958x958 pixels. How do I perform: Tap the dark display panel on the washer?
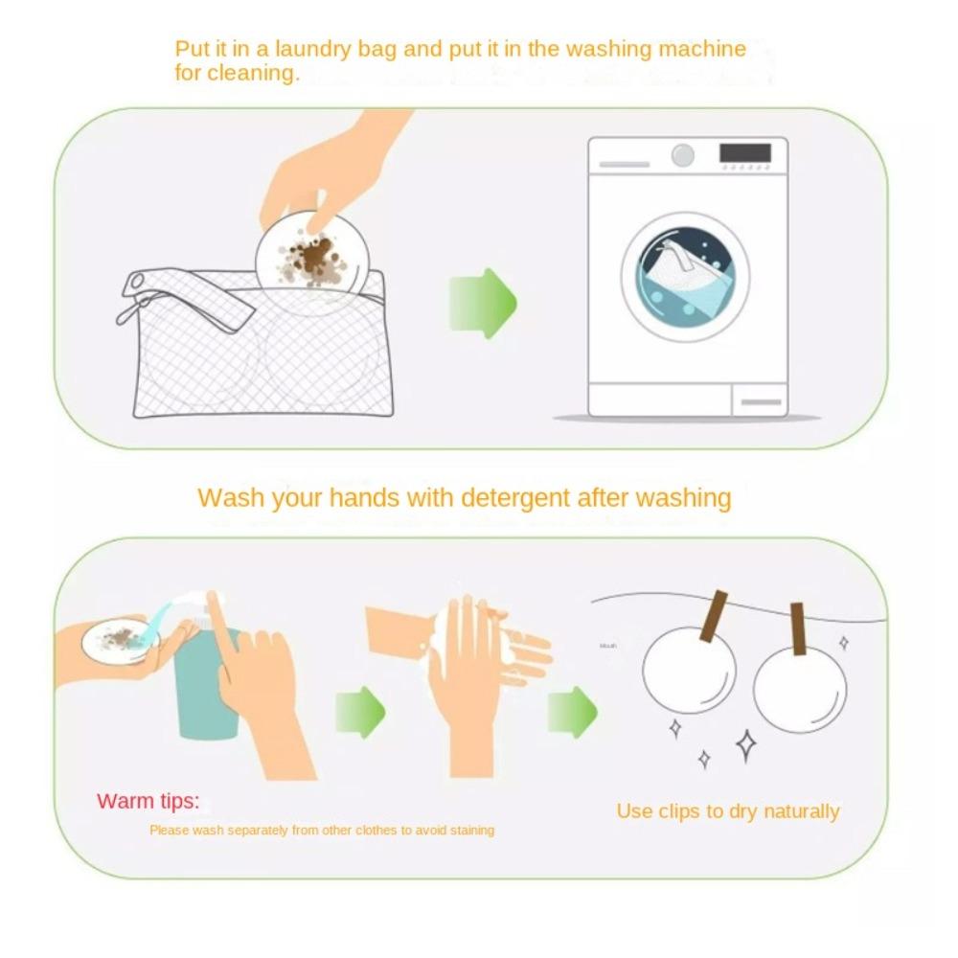(744, 153)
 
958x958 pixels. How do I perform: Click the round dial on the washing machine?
(682, 155)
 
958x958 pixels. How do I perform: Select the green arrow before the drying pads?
(572, 713)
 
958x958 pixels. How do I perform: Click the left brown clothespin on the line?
(714, 616)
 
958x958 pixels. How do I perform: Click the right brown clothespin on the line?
(797, 629)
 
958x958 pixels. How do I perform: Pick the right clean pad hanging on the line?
(800, 690)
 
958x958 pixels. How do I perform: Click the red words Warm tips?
(148, 801)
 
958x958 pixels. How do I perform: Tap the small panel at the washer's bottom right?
(759, 399)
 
